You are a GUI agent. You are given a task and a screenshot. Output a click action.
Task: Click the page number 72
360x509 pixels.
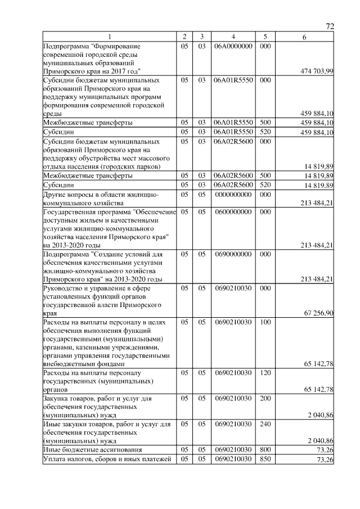pos(330,26)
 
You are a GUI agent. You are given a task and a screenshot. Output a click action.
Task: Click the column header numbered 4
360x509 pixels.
pos(233,37)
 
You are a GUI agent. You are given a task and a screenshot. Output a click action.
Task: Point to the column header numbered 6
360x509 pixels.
pos(304,37)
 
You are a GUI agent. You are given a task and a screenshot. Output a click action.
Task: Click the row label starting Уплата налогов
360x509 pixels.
pos(107,460)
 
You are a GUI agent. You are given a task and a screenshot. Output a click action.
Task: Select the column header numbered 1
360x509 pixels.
pos(110,37)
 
